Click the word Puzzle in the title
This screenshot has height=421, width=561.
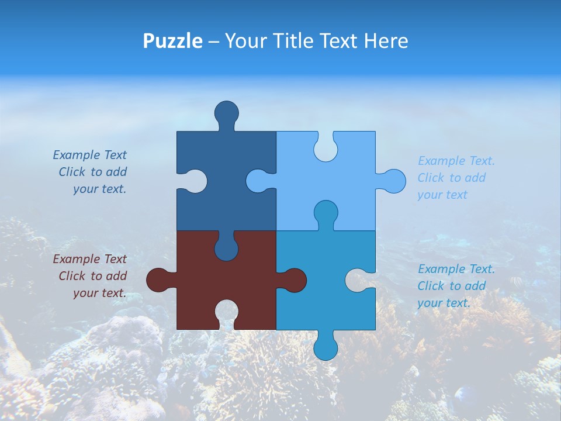(172, 42)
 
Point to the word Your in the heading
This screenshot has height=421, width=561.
(245, 42)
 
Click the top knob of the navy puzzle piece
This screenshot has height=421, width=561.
(227, 113)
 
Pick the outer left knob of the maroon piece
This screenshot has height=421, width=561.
(158, 279)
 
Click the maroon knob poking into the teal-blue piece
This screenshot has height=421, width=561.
(294, 279)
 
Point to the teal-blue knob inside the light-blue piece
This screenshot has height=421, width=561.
(325, 212)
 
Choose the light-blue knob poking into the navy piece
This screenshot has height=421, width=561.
(258, 181)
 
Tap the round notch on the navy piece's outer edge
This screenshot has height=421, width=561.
(193, 181)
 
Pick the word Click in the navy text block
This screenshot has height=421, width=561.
(72, 172)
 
